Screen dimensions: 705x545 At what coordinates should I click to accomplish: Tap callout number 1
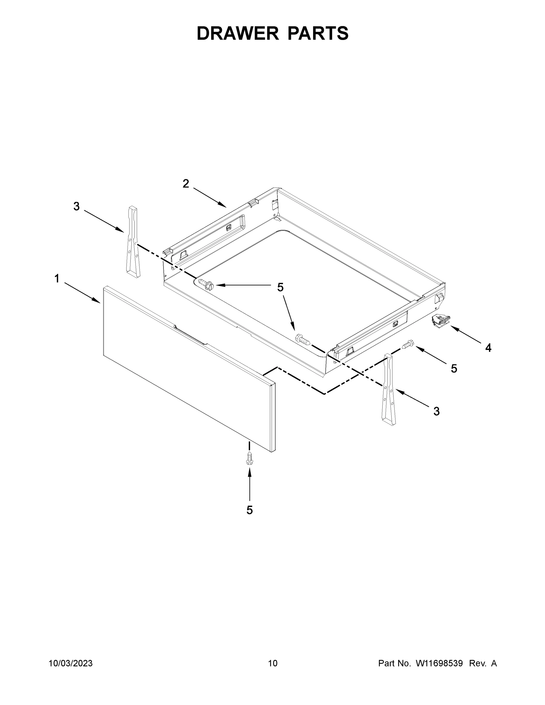pyautogui.click(x=57, y=278)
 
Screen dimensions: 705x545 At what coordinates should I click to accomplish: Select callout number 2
pyautogui.click(x=186, y=184)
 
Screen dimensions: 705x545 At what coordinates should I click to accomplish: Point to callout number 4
pyautogui.click(x=488, y=348)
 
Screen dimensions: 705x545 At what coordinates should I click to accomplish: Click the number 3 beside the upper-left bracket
pyautogui.click(x=76, y=206)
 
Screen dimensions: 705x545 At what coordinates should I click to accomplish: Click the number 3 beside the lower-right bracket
pyautogui.click(x=436, y=412)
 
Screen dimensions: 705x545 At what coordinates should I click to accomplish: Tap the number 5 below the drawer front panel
pyautogui.click(x=249, y=510)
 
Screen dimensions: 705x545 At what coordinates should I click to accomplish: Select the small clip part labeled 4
pyautogui.click(x=440, y=320)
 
